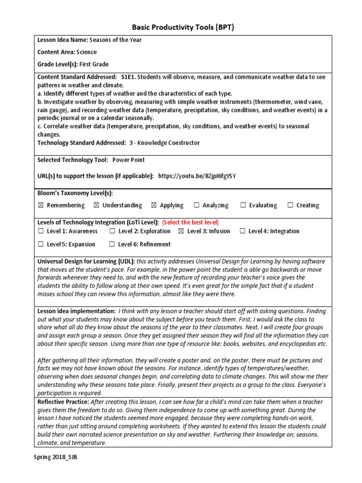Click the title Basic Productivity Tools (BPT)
tap(181, 27)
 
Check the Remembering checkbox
tap(40, 205)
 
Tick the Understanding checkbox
tap(97, 205)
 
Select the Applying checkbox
tap(154, 205)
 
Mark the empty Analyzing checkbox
tap(197, 205)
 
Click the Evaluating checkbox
tap(243, 205)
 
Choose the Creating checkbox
tap(290, 205)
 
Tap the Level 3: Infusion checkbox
tap(181, 231)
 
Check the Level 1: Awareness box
tap(41, 231)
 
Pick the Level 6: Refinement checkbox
tap(112, 244)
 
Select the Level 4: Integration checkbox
tap(242, 231)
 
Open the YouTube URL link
tap(197, 176)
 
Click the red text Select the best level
tap(190, 222)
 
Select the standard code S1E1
tap(129, 76)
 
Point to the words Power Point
tap(128, 160)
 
